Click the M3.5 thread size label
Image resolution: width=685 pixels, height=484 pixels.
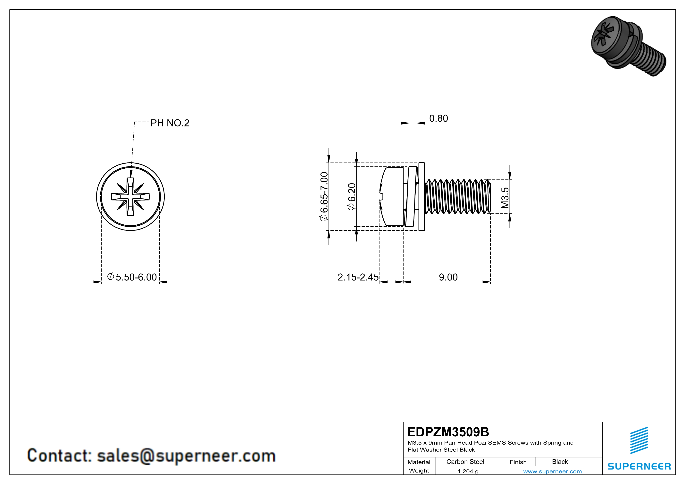505,198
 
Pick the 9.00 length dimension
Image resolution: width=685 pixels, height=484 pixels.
448,277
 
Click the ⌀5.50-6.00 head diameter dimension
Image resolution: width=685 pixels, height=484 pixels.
132,277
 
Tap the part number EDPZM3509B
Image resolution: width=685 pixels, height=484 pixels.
448,432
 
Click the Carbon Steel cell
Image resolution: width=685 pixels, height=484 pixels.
465,462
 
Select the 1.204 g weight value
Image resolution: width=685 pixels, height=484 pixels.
468,471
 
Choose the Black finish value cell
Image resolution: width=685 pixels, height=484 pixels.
560,462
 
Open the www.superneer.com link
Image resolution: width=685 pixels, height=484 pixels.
552,471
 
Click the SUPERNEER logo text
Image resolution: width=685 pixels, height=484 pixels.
639,466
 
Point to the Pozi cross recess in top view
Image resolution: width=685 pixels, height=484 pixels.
130,197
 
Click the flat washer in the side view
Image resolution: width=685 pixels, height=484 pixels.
421,197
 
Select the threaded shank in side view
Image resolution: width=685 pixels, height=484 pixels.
457,197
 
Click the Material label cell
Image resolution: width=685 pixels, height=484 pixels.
419,462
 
